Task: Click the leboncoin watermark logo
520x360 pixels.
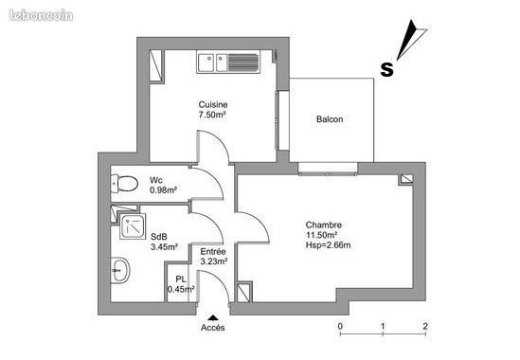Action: [41, 15]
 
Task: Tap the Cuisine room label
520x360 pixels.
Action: [213, 104]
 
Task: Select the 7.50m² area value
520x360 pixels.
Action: [212, 115]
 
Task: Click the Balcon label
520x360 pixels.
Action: [330, 119]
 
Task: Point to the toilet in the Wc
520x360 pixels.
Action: [124, 184]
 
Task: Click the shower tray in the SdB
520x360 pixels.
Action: [133, 226]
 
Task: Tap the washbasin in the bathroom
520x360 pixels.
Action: [120, 270]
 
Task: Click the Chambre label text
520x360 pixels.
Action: [323, 225]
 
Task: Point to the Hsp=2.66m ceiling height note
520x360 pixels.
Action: [328, 245]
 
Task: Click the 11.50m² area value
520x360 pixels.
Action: [321, 235]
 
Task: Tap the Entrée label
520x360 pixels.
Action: [213, 251]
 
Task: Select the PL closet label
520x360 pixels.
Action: [180, 279]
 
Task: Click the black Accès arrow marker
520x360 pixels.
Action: [213, 317]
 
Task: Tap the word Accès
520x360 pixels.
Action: [213, 328]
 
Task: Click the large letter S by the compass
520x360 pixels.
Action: [386, 69]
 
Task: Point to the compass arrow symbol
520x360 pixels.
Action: [411, 40]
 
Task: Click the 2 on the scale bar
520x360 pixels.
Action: [425, 326]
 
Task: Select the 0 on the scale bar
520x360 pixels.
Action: [340, 326]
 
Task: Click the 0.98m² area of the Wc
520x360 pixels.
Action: [163, 190]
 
